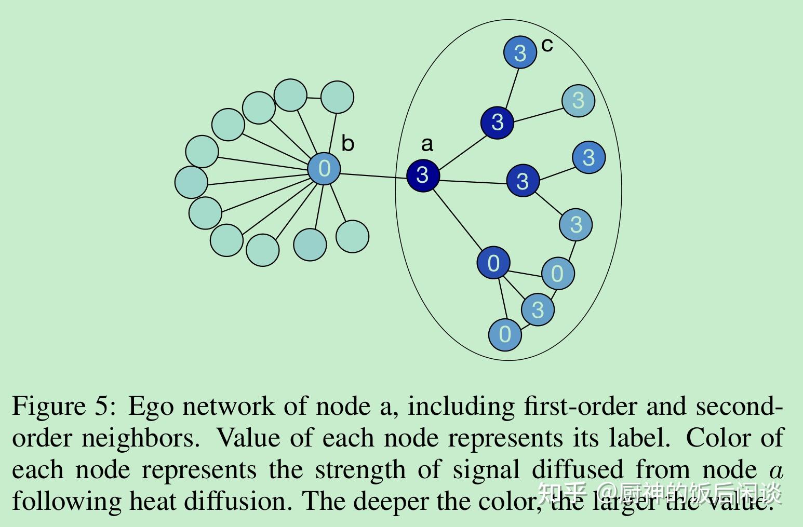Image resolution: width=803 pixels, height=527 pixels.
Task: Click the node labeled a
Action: coord(423,175)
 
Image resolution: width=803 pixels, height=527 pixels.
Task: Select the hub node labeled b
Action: coord(324,168)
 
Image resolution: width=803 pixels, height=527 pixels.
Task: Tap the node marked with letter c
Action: coord(520,52)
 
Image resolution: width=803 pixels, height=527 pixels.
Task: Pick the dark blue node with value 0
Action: coord(493,263)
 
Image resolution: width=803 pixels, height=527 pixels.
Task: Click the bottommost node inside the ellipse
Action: coord(505,334)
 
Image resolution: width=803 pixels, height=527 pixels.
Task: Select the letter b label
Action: coord(347,144)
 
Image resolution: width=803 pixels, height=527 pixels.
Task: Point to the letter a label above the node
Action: coord(427,144)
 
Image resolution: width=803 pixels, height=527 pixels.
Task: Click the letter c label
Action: coord(547,45)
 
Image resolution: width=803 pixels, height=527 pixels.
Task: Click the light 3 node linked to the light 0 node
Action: coord(576,225)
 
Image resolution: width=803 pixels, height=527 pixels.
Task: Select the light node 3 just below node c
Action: coord(578,101)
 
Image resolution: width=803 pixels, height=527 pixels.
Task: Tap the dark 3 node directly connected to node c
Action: coord(497,123)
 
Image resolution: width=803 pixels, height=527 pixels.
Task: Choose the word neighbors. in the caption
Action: coord(140,438)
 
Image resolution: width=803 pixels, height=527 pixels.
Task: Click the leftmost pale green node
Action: coord(191,182)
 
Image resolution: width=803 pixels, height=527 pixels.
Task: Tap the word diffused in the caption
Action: coord(577,470)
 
